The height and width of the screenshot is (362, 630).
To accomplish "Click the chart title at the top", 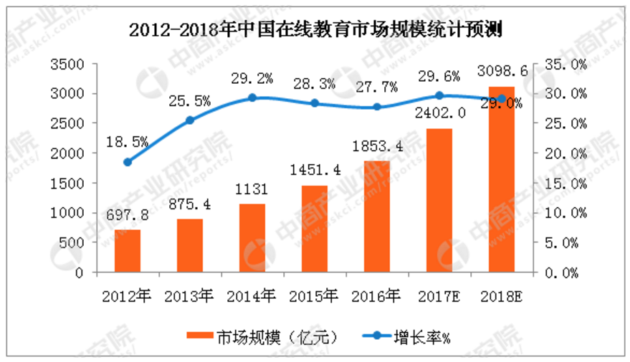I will [x=315, y=30].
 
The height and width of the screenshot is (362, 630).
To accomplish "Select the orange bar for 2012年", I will [x=128, y=251].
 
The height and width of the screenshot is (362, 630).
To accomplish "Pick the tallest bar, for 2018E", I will [x=502, y=179].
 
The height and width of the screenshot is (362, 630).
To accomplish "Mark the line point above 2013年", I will [x=190, y=120].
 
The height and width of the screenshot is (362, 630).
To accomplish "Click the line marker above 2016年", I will [x=377, y=107].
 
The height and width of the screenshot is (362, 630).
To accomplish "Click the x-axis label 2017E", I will [x=439, y=294].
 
